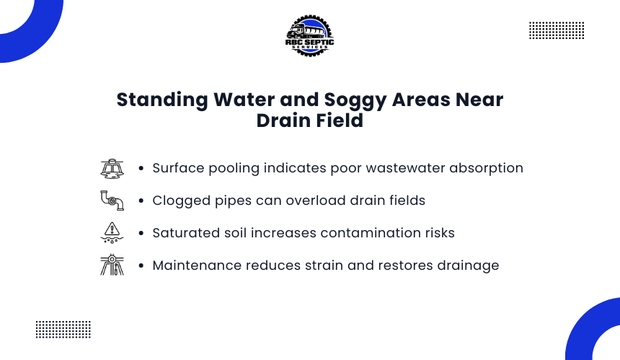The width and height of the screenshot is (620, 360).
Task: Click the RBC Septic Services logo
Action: (309, 36)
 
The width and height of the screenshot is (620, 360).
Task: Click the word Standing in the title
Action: (162, 100)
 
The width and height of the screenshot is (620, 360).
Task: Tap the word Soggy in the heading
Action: (355, 100)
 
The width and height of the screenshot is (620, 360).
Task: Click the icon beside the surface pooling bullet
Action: (112, 169)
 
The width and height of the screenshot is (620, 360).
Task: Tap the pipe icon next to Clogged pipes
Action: (112, 201)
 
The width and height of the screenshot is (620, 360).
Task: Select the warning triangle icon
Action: (112, 232)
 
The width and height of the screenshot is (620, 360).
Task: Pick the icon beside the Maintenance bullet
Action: (112, 265)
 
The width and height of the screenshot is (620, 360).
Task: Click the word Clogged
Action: (182, 201)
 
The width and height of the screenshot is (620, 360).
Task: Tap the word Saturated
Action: (186, 233)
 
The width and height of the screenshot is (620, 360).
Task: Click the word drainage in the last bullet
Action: (468, 266)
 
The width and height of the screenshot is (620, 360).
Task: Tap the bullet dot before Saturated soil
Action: (141, 234)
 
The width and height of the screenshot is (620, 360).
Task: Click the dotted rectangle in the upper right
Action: (557, 30)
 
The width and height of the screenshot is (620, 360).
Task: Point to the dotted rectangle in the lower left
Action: (63, 330)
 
